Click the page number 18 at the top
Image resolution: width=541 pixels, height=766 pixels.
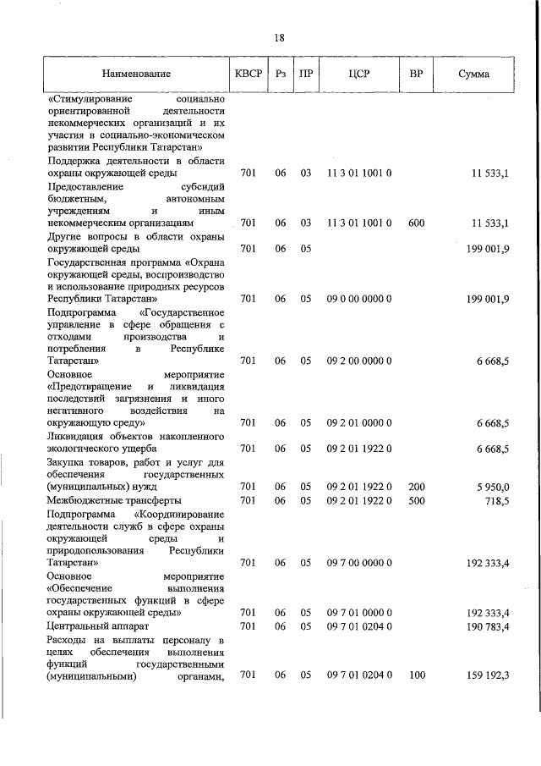coord(279,37)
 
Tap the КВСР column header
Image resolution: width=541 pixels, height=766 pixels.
coord(249,74)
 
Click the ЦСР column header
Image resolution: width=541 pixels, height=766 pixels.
coord(358,74)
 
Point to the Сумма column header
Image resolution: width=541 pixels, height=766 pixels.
coord(473,74)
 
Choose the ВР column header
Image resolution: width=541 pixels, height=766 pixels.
coord(416,74)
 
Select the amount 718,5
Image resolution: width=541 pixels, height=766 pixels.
coord(495,500)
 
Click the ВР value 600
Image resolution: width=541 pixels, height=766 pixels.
coord(416,223)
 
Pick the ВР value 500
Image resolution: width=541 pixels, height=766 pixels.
coord(416,500)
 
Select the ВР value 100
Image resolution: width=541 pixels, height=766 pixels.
coord(416,675)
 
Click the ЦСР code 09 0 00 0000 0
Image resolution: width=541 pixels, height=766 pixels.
coord(358,299)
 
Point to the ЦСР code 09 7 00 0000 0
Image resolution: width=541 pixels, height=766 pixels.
coord(358,562)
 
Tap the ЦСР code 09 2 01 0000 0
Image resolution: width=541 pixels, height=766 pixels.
coord(358,422)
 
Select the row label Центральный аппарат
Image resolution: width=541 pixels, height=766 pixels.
coord(93,626)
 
